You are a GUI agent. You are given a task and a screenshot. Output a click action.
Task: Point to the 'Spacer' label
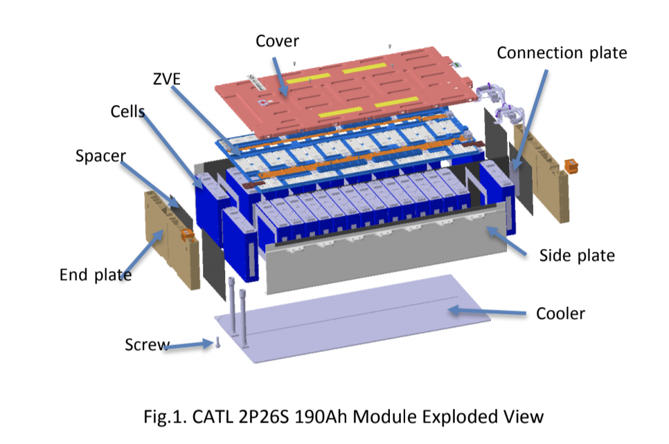pos(101,156)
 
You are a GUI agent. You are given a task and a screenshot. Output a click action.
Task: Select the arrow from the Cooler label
pos(484,311)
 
